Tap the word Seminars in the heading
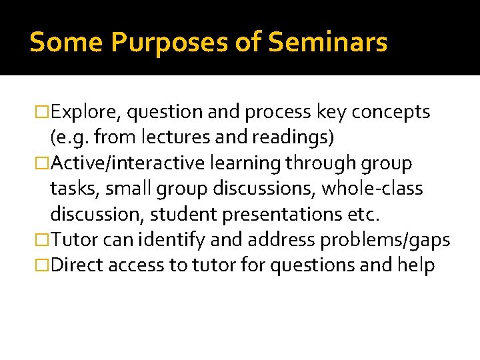click(327, 43)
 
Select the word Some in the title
click(66, 43)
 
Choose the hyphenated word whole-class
click(373, 189)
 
